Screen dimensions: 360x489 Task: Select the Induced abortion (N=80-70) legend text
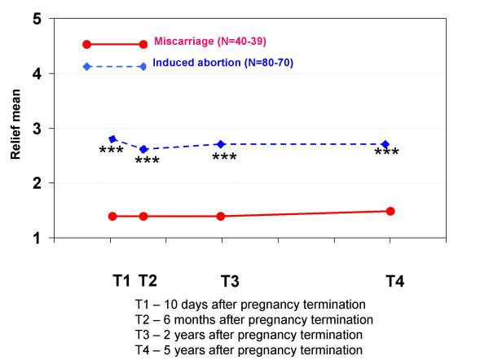click(220, 64)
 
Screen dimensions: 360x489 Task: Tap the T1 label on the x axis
click(121, 281)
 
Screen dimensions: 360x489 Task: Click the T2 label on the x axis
click(148, 281)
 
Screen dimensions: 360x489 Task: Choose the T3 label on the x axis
click(230, 281)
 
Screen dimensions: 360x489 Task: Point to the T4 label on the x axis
click(395, 281)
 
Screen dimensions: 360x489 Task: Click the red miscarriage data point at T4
click(390, 211)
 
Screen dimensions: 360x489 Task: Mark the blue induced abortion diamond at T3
click(221, 144)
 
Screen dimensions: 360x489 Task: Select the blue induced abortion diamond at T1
click(112, 139)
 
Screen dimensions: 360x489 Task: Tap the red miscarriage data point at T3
click(221, 216)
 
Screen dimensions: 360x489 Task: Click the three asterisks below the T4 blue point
click(386, 154)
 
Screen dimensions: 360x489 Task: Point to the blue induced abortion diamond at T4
click(385, 144)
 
